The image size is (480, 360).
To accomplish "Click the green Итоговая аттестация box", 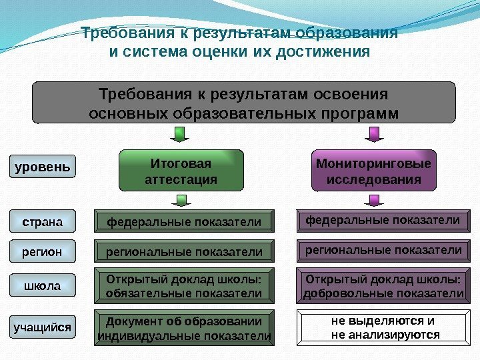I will click(180, 171).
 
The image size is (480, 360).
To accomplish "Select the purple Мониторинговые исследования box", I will click(373, 171).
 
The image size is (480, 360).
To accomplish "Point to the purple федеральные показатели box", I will click(383, 220).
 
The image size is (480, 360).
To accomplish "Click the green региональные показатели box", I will click(185, 252).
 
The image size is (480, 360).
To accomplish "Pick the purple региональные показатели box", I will click(383, 251).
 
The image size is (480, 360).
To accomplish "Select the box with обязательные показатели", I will click(185, 286).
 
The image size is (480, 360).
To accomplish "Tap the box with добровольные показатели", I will click(383, 286).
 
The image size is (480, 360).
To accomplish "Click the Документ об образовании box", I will click(185, 327).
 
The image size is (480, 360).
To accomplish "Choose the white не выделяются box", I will click(383, 327).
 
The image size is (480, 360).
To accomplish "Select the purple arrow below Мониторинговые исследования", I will click(374, 200).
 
